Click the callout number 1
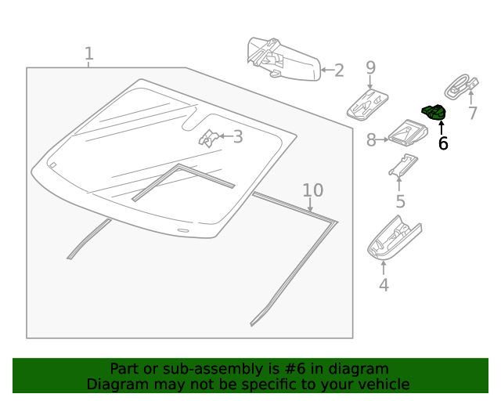tap(89, 54)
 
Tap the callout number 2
tap(338, 70)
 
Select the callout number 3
tap(237, 137)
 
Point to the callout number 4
tap(384, 285)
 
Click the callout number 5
tap(400, 201)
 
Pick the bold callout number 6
tap(443, 143)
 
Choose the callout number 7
tap(472, 114)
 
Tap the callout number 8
tap(371, 140)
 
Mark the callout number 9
tap(371, 68)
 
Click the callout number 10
tap(312, 190)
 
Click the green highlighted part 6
tap(434, 113)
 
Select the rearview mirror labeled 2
tap(282, 58)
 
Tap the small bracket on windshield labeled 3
tap(208, 138)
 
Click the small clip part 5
tap(402, 164)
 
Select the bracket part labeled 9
tap(366, 102)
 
